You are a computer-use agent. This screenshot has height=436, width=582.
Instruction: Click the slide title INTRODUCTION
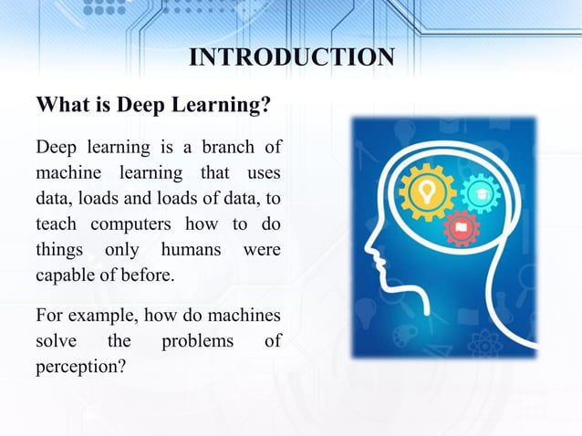291,57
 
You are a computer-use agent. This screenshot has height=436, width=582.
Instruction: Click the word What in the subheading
61,106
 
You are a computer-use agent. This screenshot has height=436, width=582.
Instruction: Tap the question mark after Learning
265,106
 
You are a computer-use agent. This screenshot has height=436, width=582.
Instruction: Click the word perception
76,367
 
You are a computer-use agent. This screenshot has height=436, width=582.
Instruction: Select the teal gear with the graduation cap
476,193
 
